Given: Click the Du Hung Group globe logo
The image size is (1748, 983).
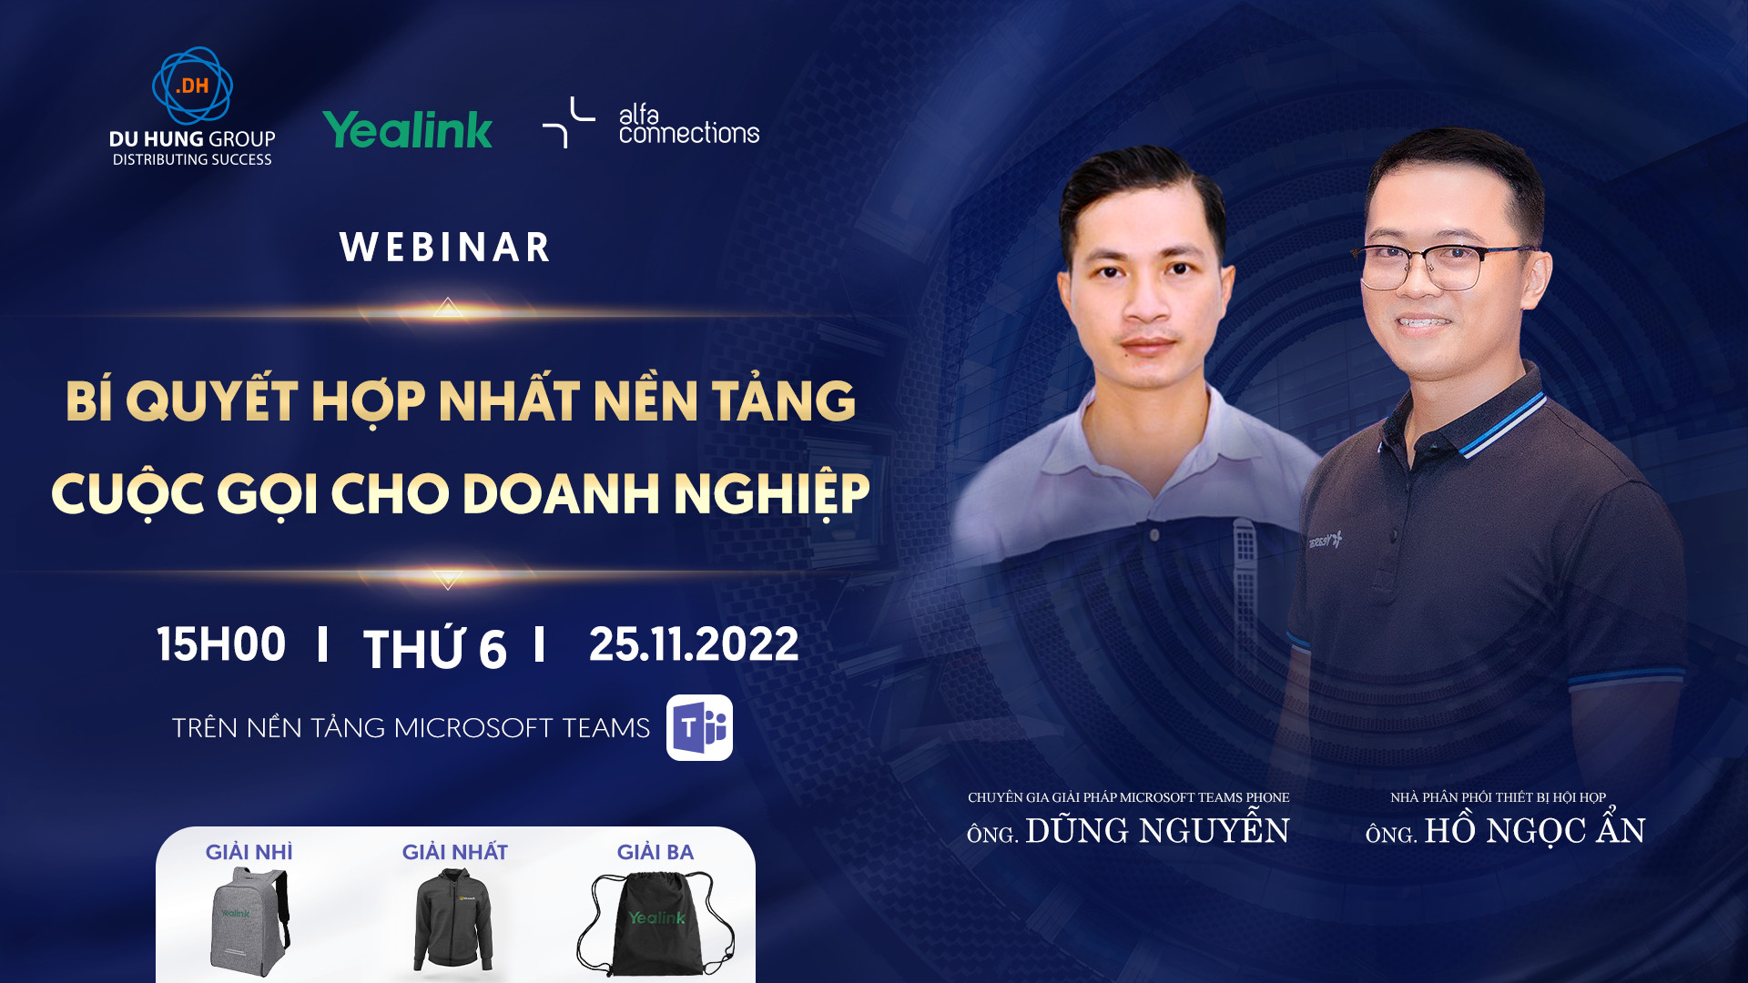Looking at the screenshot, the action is click(192, 85).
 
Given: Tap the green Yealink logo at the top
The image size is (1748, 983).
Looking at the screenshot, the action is click(407, 129).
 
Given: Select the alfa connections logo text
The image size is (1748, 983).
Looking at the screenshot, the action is click(688, 125).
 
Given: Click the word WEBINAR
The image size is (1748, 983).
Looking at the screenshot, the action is click(445, 248).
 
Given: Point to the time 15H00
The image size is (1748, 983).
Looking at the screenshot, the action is click(221, 644).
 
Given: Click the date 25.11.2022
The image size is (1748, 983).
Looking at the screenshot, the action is click(694, 644).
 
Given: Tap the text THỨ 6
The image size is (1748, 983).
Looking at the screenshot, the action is click(435, 646).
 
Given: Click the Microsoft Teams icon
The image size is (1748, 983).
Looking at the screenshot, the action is click(699, 727).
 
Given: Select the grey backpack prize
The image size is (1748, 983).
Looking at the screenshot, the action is click(249, 921).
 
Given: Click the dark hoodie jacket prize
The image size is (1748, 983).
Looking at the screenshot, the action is click(453, 919).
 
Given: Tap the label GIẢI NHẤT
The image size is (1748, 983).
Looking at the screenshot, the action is click(455, 852).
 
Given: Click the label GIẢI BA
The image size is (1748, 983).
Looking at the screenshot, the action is click(655, 852).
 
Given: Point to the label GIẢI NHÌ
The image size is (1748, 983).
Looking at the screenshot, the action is click(249, 852).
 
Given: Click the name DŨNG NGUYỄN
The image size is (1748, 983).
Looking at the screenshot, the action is click(1157, 829).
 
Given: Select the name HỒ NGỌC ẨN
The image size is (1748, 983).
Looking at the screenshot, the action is click(1535, 829).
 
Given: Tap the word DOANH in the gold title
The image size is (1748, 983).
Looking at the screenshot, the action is click(560, 493).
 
